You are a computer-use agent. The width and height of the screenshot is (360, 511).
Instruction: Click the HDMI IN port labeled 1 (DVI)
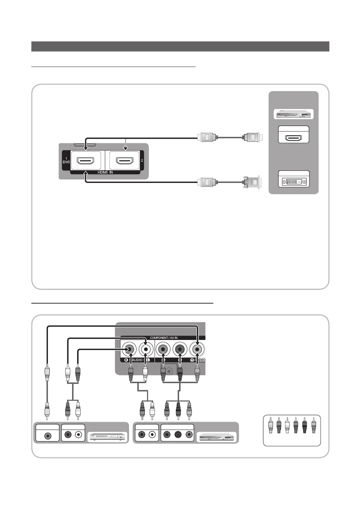86,160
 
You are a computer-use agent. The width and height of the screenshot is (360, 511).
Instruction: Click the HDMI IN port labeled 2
124,160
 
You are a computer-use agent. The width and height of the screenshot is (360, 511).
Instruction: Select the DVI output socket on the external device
294,181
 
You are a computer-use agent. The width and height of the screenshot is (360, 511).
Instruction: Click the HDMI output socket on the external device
294,138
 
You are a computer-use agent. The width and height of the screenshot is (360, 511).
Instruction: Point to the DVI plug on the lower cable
252,182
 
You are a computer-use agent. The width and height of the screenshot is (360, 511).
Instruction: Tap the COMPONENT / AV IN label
164,338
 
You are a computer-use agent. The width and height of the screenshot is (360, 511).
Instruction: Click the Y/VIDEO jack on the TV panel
197,349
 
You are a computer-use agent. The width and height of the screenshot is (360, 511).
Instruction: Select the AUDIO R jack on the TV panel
129,349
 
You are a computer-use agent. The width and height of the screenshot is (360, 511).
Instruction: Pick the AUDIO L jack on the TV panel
146,349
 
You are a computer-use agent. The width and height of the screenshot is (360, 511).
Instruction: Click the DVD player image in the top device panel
294,114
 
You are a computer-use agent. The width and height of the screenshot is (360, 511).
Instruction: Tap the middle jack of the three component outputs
178,435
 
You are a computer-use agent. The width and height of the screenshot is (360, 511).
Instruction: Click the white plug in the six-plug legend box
287,425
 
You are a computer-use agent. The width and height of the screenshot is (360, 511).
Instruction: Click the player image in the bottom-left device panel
108,437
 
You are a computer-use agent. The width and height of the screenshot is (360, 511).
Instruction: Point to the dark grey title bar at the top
180,46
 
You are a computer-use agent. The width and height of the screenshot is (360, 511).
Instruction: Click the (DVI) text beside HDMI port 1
66,162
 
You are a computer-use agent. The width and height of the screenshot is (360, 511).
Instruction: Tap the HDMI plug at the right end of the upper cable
254,137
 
